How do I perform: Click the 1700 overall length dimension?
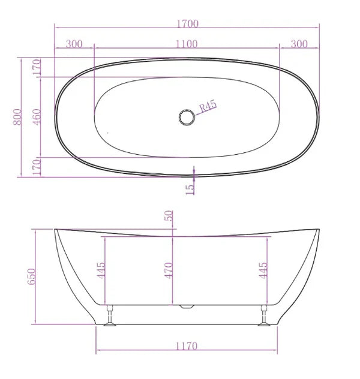coord(187,24)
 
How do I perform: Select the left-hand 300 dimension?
coord(74,44)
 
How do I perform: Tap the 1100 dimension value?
coord(187,44)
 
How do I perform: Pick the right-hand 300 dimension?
coord(299,44)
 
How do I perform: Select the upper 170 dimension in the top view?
coord(37,67)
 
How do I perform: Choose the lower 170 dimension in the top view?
coord(37,167)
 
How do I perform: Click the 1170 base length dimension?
coord(187,346)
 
